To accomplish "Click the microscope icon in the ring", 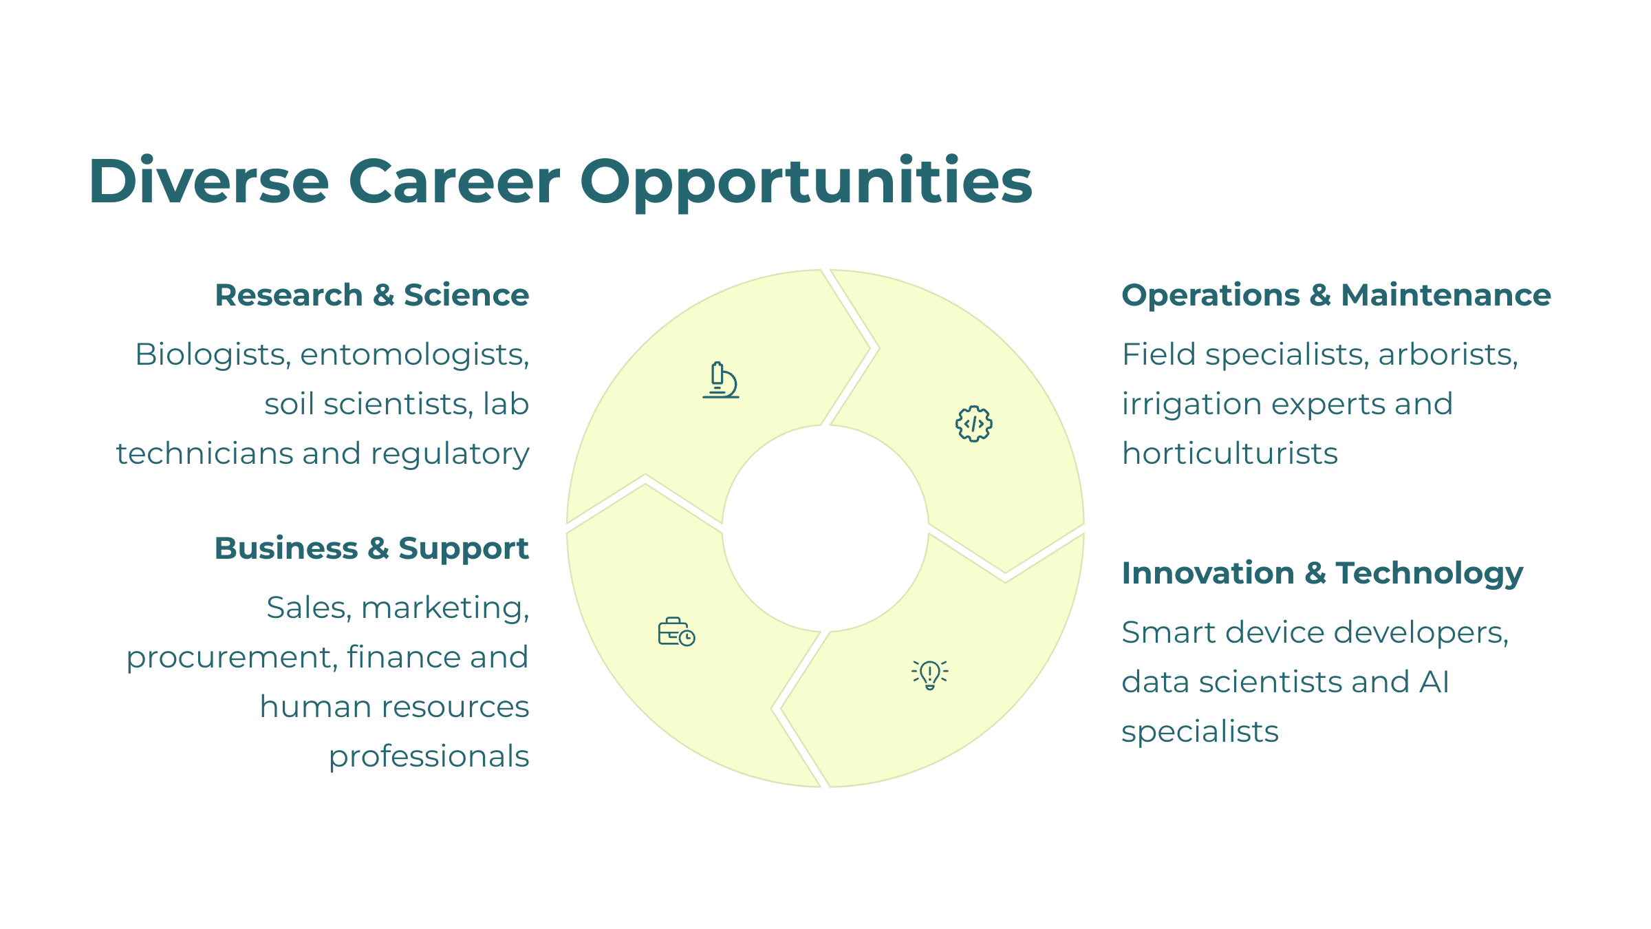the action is coord(721,381).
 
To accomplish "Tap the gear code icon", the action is coord(973,424).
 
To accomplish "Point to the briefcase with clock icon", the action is coord(676,632).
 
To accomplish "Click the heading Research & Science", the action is coord(372,295).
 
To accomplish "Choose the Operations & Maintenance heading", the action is coord(1336,295).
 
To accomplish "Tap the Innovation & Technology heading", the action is coord(1322,573).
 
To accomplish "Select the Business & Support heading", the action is coord(371,548).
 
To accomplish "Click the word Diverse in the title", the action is coord(208,181).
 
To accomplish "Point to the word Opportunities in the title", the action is coord(806,182).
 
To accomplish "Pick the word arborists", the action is coord(1448,354).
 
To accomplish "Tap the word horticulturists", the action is coord(1229,453).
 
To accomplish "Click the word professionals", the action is coord(429,757).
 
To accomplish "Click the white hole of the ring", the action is coord(825,528).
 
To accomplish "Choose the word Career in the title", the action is coord(454,182).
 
